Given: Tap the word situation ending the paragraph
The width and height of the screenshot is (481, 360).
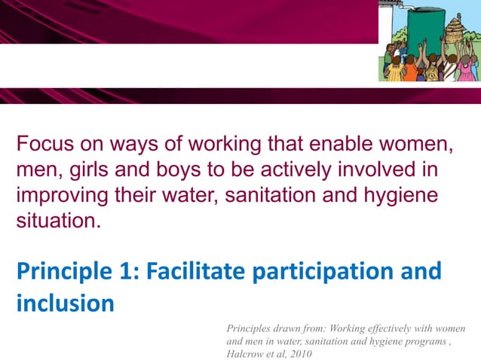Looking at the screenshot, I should [57, 223].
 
